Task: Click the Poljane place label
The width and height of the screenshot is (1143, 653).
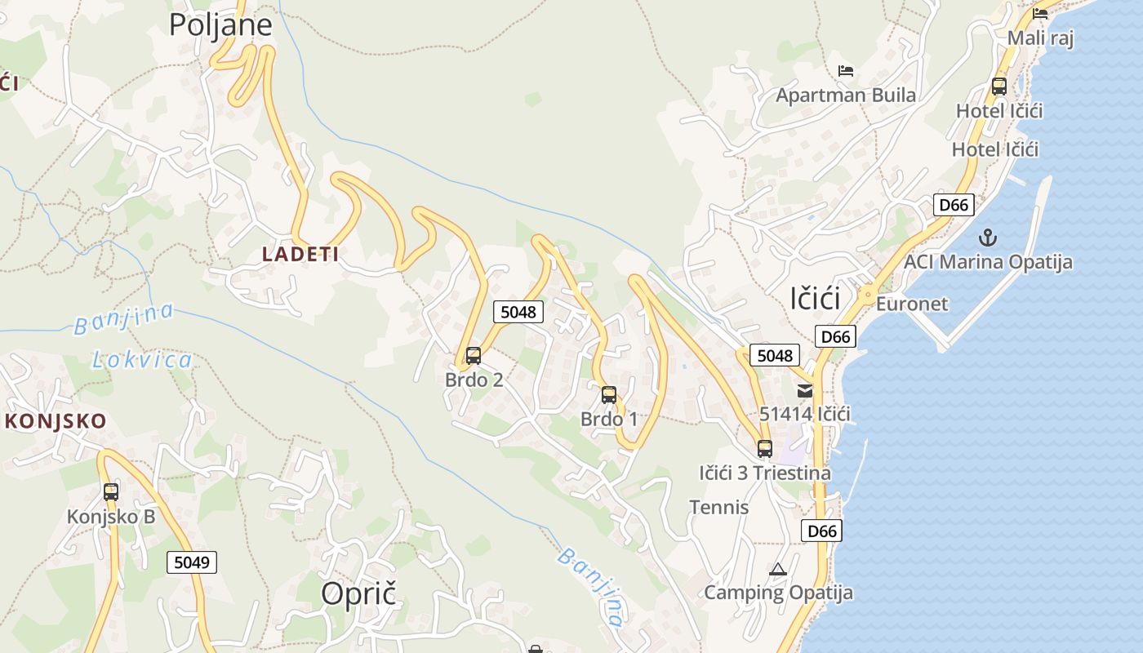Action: (x=220, y=24)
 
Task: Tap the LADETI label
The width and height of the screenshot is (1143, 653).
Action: (x=300, y=254)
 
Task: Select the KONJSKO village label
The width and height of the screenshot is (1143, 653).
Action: (x=56, y=421)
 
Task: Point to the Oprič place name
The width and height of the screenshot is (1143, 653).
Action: (x=358, y=593)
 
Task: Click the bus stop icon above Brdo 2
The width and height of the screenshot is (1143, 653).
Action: (x=474, y=356)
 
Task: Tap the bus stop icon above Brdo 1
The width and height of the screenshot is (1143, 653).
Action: (x=609, y=395)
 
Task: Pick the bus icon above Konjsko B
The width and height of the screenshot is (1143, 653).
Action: (x=111, y=492)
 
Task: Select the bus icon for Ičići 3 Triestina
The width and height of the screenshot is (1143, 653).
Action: (x=765, y=448)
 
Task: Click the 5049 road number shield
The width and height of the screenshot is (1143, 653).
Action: (x=193, y=562)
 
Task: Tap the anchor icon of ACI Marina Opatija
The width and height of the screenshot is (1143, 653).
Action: (x=989, y=238)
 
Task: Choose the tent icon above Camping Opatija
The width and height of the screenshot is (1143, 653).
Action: (x=778, y=569)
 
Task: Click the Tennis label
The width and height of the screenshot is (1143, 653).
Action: (x=719, y=507)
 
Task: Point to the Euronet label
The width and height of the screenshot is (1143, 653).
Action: (x=912, y=304)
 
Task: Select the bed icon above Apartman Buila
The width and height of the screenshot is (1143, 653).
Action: (x=846, y=71)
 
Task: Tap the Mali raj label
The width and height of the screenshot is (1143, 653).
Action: (x=1040, y=38)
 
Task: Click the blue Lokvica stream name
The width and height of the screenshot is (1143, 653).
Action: (x=142, y=359)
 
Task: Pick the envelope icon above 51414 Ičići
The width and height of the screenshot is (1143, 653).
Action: (x=805, y=390)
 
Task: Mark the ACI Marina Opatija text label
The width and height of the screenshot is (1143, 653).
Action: (x=988, y=262)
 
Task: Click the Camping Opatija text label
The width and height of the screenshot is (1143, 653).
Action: (x=778, y=593)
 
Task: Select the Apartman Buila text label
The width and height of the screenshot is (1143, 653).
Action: (x=846, y=95)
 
